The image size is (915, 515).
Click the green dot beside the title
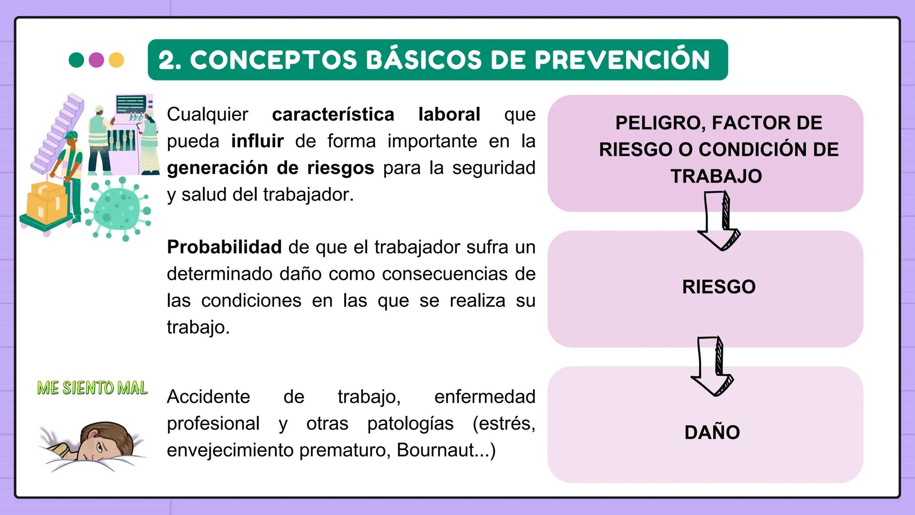click(x=76, y=60)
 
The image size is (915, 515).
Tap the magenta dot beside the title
click(x=96, y=60)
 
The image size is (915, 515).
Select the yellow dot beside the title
click(x=116, y=60)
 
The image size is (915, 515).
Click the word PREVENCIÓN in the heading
click(x=622, y=60)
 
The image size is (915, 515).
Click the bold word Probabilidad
click(x=224, y=247)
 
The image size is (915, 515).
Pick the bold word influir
click(x=257, y=141)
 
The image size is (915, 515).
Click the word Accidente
click(x=208, y=397)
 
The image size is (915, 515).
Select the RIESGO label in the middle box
click(x=719, y=287)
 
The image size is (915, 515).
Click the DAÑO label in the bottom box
click(x=712, y=433)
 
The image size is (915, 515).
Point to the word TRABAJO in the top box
click(x=716, y=176)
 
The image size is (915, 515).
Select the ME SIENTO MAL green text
click(x=93, y=388)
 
